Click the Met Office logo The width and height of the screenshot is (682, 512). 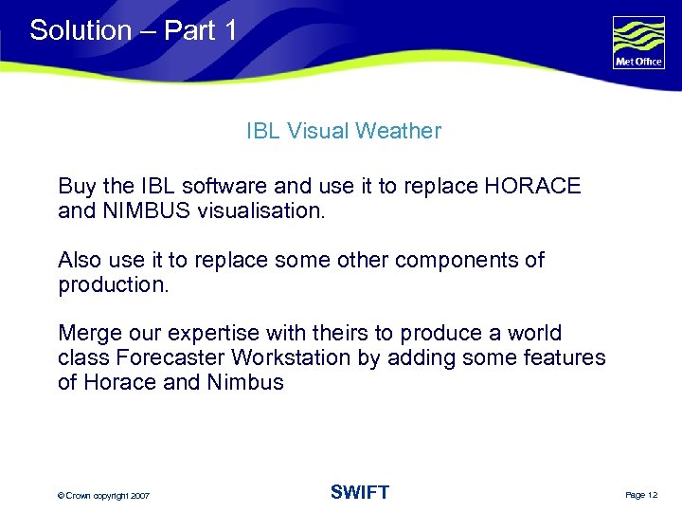coord(638,44)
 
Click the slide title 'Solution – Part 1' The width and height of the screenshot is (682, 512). coord(134,30)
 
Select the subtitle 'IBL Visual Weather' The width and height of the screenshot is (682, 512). coord(343,132)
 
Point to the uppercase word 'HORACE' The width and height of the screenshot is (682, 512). coord(531,186)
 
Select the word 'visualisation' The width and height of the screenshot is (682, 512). coord(260,210)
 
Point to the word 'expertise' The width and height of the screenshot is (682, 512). coord(213,334)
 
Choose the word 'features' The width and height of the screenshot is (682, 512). coord(565,358)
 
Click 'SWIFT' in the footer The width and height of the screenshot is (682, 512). coord(359,492)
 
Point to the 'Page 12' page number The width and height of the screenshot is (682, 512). coord(641,495)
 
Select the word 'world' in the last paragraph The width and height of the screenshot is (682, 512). coord(534,334)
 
